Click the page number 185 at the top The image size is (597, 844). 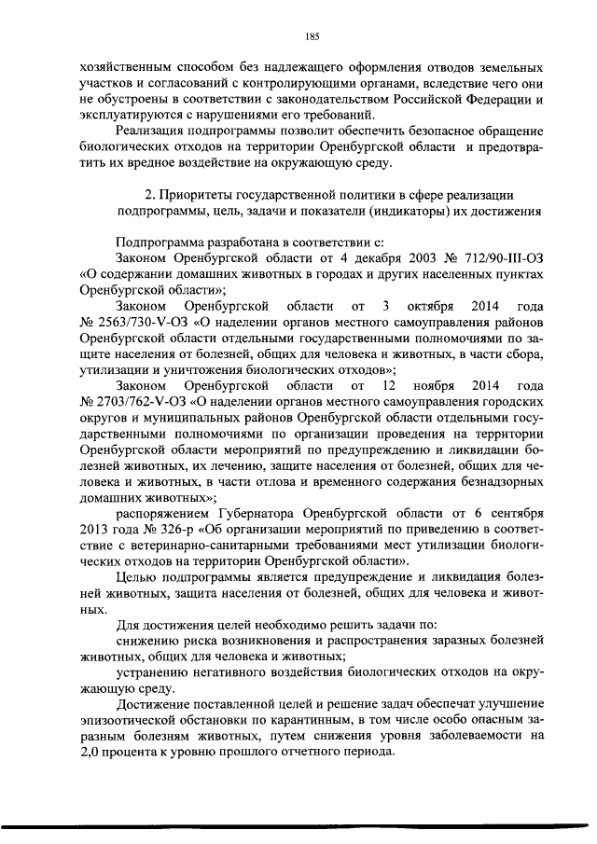312,36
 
